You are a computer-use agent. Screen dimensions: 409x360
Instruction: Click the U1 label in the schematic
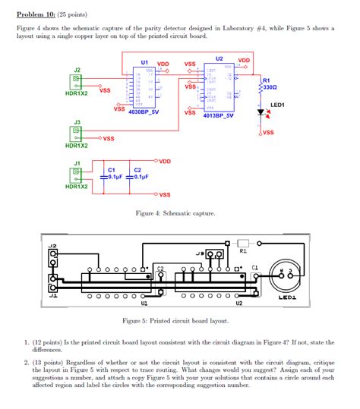144,62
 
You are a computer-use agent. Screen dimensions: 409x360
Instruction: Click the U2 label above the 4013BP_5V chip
219,58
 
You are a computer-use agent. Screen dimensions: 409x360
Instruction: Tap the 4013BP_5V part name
218,116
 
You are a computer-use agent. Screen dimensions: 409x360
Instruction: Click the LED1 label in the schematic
277,105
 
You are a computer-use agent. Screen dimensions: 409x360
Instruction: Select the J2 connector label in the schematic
77,70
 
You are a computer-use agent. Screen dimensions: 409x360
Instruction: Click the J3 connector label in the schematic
77,121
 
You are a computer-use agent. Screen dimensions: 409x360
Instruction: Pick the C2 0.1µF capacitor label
137,173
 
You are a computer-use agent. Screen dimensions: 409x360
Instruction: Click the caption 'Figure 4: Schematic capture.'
175,214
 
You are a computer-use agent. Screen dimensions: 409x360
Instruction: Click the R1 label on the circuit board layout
243,250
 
